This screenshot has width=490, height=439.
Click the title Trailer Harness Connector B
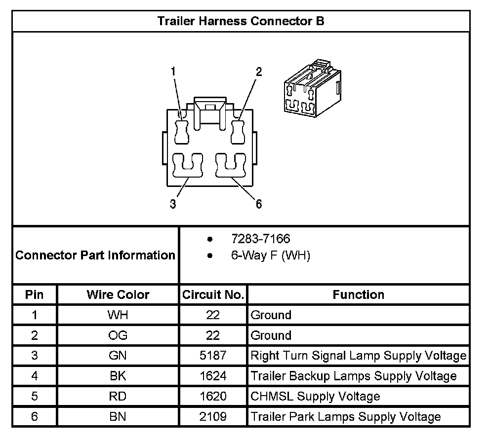click(241, 21)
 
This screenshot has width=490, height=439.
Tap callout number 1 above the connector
click(173, 72)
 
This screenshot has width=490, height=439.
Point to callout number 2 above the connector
click(258, 72)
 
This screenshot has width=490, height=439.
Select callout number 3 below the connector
click(173, 204)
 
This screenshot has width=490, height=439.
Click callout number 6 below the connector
click(258, 204)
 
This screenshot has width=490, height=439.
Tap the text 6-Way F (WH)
click(270, 256)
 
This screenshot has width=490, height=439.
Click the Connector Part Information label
click(95, 256)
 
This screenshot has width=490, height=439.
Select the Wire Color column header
click(118, 295)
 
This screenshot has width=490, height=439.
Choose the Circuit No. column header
click(213, 295)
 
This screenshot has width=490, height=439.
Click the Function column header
click(358, 295)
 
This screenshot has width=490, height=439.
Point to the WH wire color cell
click(118, 315)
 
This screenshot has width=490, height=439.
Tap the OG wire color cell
click(118, 335)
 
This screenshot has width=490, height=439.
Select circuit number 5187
click(213, 356)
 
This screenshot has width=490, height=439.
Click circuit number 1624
click(213, 376)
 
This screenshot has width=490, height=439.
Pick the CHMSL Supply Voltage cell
click(315, 396)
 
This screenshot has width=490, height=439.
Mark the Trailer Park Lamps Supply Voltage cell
click(345, 417)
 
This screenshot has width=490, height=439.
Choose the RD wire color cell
click(118, 396)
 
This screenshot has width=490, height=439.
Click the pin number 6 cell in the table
click(34, 417)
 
